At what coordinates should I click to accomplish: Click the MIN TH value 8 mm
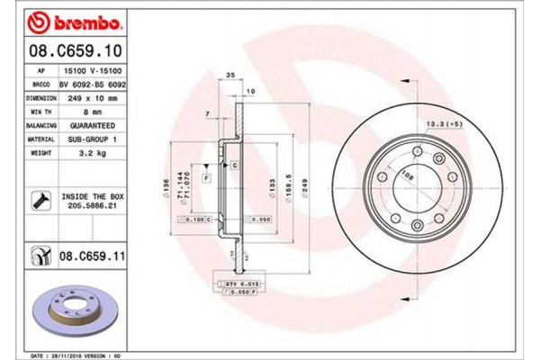[85, 111]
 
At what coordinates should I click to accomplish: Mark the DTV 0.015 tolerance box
[238, 284]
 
